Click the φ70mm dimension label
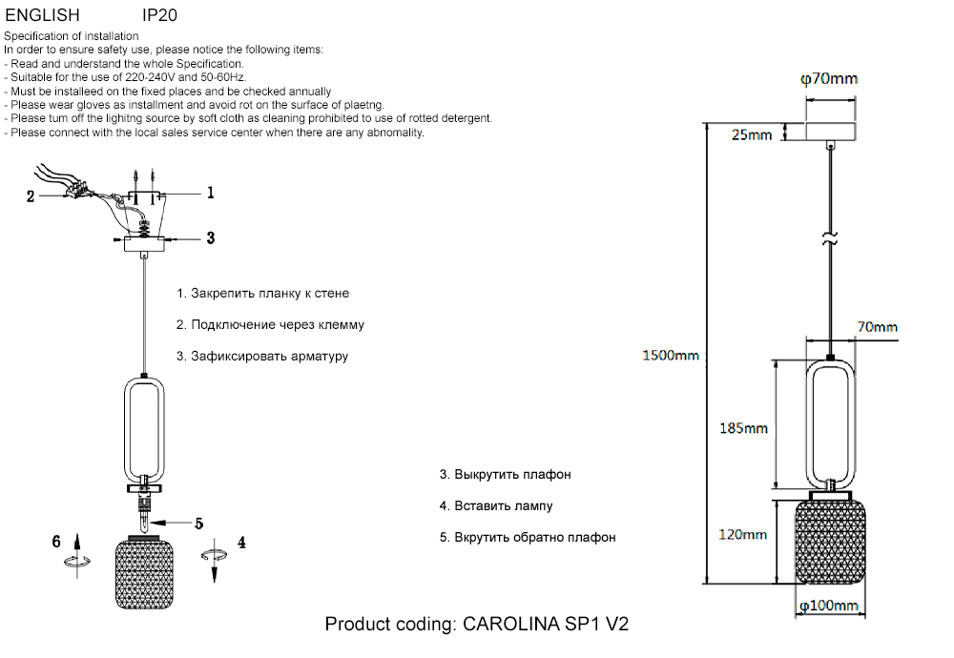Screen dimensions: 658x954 tap(828, 78)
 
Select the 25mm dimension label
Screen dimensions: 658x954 tap(751, 134)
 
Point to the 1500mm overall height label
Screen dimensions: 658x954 tap(670, 356)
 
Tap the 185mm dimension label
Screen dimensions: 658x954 tap(742, 428)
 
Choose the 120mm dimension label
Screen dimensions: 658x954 tap(742, 535)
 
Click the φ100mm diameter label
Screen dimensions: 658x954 tap(828, 606)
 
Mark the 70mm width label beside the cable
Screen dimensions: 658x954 tap(877, 327)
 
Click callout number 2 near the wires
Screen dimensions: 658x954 tap(31, 197)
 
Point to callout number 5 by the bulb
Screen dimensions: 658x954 tap(199, 523)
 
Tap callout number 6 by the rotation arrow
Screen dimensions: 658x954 tap(57, 542)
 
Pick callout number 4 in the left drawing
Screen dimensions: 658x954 tap(241, 542)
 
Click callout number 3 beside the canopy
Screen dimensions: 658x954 tap(211, 237)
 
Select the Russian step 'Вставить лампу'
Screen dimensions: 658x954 tap(496, 505)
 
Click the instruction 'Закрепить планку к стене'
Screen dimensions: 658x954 tap(262, 293)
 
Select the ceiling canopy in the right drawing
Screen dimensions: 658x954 tap(830, 131)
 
